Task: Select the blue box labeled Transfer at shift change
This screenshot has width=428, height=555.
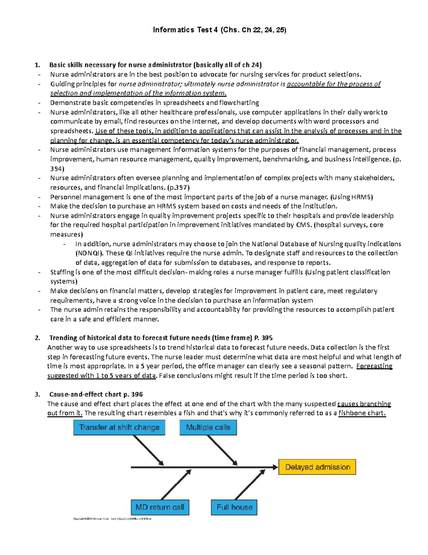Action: coord(119,427)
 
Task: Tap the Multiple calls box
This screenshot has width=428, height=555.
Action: coord(208,427)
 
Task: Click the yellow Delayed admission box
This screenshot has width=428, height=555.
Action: coord(317,467)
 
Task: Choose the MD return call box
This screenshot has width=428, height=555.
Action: coord(160,507)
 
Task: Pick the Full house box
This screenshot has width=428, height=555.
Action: coord(234,507)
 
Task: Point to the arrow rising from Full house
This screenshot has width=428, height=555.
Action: coord(250,484)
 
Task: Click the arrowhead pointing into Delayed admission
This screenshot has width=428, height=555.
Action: coord(274,467)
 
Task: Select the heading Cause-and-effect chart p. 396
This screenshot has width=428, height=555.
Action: coord(96,395)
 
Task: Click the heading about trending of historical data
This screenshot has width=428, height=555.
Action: coord(160,338)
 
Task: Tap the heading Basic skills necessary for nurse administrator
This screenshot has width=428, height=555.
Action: coord(155,65)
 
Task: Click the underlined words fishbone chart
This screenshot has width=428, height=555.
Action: coord(362,413)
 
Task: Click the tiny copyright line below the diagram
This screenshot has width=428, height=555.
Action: coord(112,519)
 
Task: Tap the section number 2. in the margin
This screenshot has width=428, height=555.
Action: coord(37,338)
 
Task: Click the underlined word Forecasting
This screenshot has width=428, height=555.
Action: coord(374,366)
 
